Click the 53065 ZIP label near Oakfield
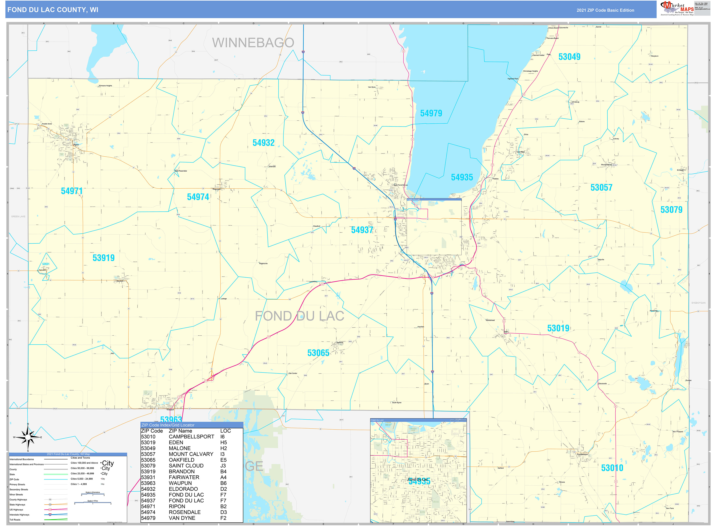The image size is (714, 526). [x=318, y=353]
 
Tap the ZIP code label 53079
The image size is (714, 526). [x=671, y=210]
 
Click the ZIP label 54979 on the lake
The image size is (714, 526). [x=431, y=113]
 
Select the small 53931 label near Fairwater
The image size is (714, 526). [x=46, y=264]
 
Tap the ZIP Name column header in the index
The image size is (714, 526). [x=180, y=431]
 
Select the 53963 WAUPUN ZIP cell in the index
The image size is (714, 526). [x=148, y=483]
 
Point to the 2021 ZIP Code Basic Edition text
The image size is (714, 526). [x=605, y=10]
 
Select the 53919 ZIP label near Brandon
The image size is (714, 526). [x=104, y=258]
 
